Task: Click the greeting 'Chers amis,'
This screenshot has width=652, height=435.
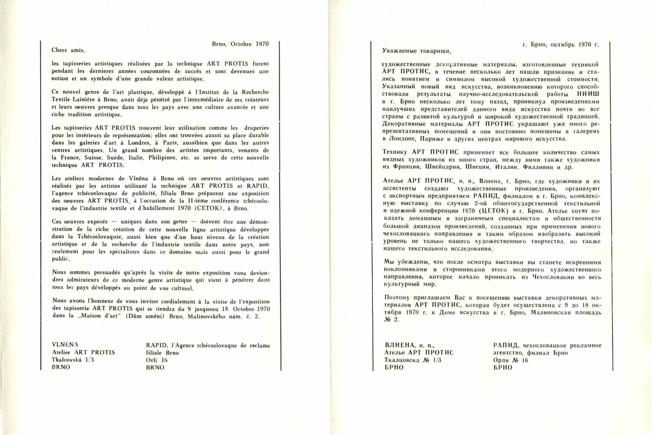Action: tap(68, 51)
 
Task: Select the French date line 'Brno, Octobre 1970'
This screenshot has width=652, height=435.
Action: tap(240, 44)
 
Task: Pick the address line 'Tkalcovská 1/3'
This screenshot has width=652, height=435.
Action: tap(73, 360)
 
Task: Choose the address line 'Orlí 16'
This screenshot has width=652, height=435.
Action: tap(156, 360)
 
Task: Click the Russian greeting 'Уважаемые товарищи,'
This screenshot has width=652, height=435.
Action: tap(416, 51)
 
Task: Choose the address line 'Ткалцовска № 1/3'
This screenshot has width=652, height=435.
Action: tap(412, 360)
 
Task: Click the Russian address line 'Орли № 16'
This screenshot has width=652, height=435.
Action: tap(510, 360)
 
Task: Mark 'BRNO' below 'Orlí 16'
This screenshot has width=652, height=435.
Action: tap(155, 367)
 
